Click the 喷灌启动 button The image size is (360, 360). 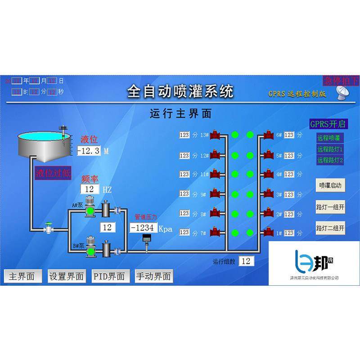point(331,185)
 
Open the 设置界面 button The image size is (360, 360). point(67,276)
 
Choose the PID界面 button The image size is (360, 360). point(109,276)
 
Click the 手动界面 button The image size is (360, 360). point(153,276)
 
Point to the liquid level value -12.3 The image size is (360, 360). point(89,151)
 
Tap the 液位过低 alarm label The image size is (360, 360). point(53,174)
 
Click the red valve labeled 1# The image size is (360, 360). point(269,233)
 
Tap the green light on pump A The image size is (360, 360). point(90,211)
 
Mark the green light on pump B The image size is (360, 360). point(90,252)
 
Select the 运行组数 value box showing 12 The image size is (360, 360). point(246,261)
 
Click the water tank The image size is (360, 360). point(43,144)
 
